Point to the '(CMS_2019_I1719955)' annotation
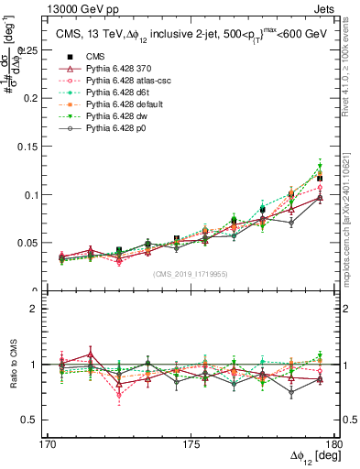coord(191,273)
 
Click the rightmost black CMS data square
coord(320,178)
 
